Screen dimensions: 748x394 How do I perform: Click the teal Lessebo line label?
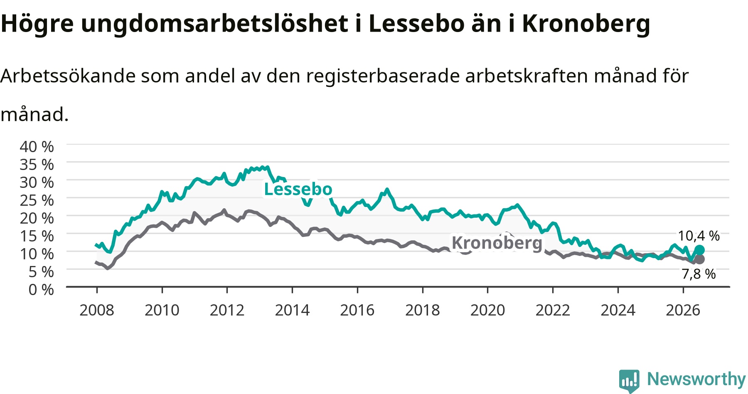point(298,190)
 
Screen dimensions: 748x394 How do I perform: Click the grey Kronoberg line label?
point(497,243)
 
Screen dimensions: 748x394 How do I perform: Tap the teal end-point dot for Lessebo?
point(699,250)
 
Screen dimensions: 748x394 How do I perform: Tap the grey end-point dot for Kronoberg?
point(699,259)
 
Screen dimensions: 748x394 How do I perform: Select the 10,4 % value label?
point(699,236)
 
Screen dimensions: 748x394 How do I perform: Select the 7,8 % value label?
point(699,274)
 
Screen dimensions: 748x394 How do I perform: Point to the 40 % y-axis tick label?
point(37,147)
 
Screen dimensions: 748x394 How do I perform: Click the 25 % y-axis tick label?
point(37,200)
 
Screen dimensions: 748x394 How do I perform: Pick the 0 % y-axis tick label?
point(41,290)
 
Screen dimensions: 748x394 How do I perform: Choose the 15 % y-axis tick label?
point(37,236)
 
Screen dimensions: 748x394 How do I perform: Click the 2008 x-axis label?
point(97,310)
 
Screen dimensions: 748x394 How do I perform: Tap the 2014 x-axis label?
point(292,310)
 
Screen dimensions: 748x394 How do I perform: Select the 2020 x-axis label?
point(488,310)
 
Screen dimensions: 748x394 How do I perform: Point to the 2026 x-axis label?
point(683,310)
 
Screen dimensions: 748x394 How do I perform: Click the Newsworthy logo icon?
point(629,381)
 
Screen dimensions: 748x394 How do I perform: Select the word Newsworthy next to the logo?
point(696,379)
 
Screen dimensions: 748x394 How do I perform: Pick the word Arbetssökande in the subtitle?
point(68,76)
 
